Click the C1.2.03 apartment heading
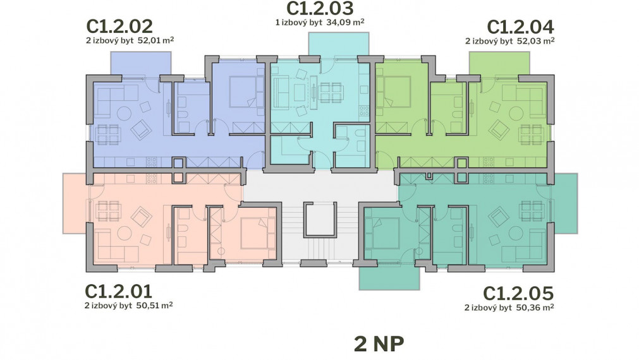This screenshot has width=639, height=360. tap(320, 8)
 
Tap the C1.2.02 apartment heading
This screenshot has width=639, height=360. tap(119, 27)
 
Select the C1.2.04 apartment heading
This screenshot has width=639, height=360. tap(520, 27)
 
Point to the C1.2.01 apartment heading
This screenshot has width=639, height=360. tap(119, 292)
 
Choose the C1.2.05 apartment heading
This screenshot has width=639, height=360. tap(518, 294)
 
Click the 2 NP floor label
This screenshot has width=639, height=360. tap(379, 344)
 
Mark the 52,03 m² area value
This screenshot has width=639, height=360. tap(535, 40)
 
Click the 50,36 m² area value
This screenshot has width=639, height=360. tap(535, 308)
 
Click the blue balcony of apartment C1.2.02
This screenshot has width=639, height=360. tap(140, 64)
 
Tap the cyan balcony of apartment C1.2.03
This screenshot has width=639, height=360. tap(339, 44)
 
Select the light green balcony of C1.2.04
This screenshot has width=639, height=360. tap(499, 64)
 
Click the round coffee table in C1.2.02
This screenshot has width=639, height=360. tap(125, 113)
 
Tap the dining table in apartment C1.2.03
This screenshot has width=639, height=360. tap(331, 92)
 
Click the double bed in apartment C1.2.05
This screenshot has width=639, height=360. tap(382, 233)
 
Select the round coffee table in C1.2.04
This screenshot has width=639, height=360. tap(516, 113)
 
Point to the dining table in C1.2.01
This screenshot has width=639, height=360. tap(109, 211)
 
